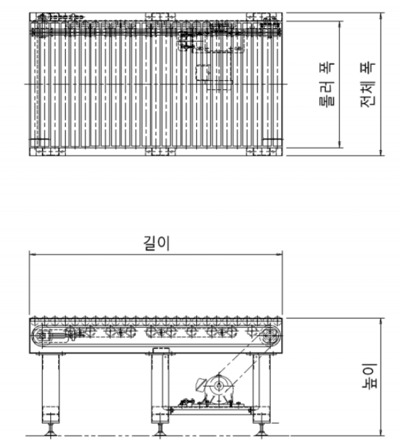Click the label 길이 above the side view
pyautogui.click(x=157, y=243)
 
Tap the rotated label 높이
pyautogui.click(x=370, y=376)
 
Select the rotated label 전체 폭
pyautogui.click(x=368, y=84)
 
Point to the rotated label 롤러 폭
pyautogui.click(x=327, y=84)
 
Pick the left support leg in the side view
pyautogui.click(x=51, y=388)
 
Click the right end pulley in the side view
pyautogui.click(x=269, y=336)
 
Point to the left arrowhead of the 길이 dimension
pyautogui.click(x=32, y=254)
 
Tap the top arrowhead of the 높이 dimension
pyautogui.click(x=381, y=321)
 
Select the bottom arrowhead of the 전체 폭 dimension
pyautogui.click(x=381, y=153)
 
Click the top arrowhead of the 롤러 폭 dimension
pyautogui.click(x=340, y=24)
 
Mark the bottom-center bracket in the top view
pyautogui.click(x=161, y=151)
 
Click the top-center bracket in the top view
pyautogui.click(x=161, y=16)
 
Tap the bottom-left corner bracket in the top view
pyautogui.click(x=47, y=151)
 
